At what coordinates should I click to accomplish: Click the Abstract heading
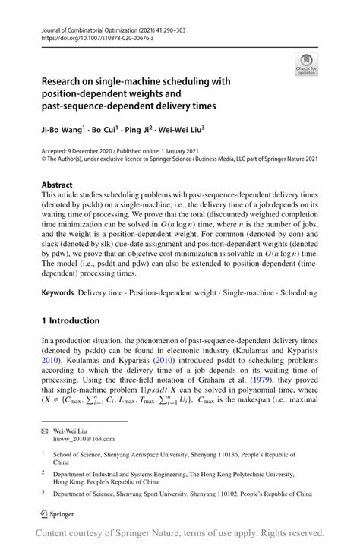(x=57, y=185)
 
